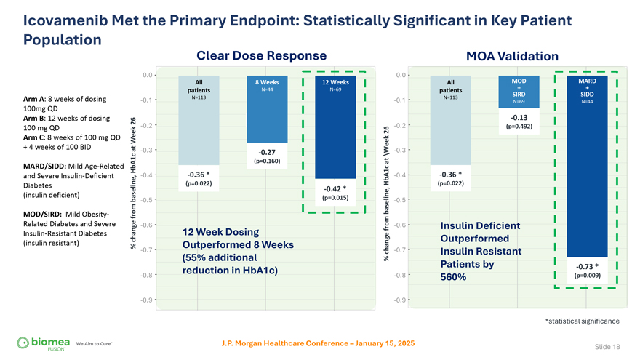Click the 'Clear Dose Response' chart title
point(261,55)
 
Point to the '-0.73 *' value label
point(586,265)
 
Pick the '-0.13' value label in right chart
point(519,117)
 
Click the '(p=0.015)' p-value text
point(334,198)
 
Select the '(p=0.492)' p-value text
point(519,127)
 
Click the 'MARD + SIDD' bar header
point(587,87)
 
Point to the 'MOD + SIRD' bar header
point(519,87)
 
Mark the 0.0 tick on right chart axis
point(401,75)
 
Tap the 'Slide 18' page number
point(607,347)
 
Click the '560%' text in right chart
point(455,278)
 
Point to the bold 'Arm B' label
point(36,119)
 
